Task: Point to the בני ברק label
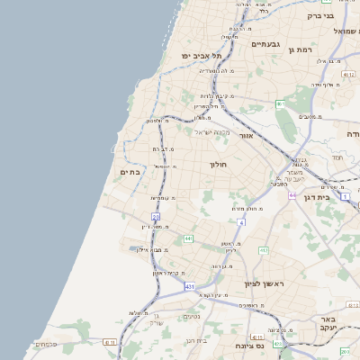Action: [341, 15]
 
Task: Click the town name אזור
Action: [247, 135]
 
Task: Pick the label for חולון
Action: [220, 165]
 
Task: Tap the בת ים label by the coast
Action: [130, 172]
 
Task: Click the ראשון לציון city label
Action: [264, 283]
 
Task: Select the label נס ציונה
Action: [247, 346]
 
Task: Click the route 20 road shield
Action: [156, 218]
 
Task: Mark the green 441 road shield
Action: [188, 238]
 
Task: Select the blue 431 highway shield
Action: [190, 286]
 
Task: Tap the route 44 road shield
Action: [292, 194]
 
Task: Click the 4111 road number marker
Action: [109, 342]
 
